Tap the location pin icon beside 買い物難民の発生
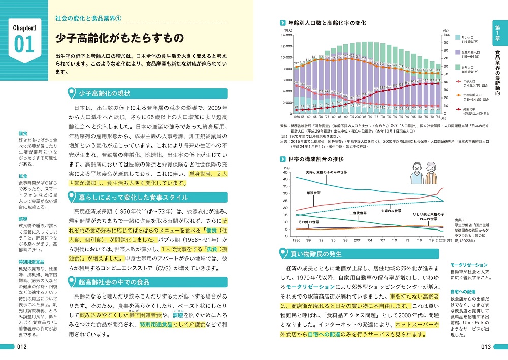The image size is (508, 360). (x=284, y=253)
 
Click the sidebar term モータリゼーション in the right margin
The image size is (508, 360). (x=468, y=265)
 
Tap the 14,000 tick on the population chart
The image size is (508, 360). (x=285, y=35)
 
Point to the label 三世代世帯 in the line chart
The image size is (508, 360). (x=357, y=213)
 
